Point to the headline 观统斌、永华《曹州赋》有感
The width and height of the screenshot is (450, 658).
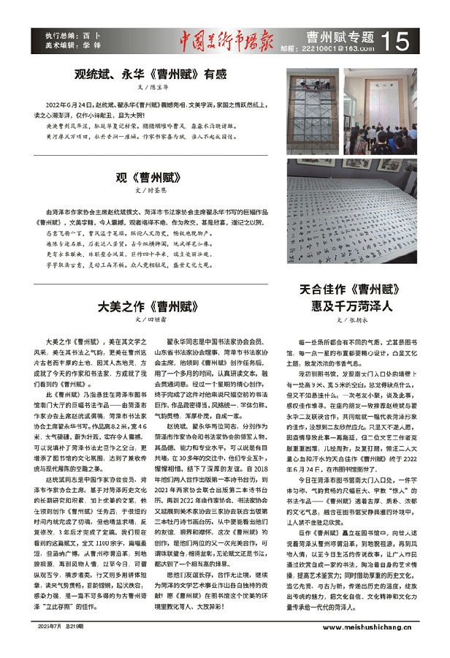(150, 74)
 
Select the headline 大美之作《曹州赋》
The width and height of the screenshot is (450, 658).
(150, 306)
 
